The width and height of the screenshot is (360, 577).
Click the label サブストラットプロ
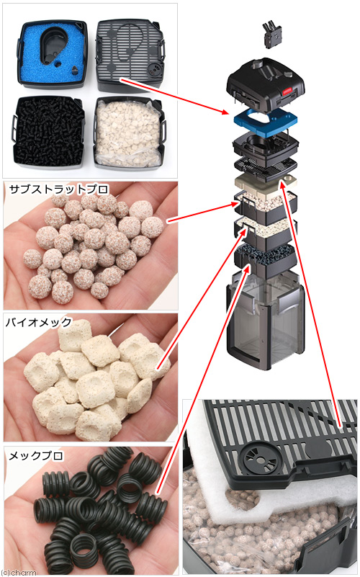pyautogui.click(x=59, y=189)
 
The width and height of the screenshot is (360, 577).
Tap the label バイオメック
pyautogui.click(x=39, y=322)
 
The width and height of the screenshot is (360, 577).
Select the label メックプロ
pyautogui.click(x=36, y=455)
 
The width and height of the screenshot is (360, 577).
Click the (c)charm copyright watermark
pyautogui.click(x=19, y=573)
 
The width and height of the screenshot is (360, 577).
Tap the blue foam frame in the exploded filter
pyautogui.click(x=264, y=121)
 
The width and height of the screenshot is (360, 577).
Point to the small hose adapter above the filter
pyautogui.click(x=273, y=35)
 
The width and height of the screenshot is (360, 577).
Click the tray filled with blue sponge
pyautogui.click(x=53, y=55)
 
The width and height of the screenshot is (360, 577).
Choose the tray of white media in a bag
pyautogui.click(x=129, y=133)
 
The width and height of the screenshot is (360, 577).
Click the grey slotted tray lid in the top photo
pyautogui.click(x=130, y=55)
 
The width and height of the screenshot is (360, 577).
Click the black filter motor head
pyautogui.click(x=266, y=86)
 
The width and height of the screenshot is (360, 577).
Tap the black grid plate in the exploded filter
pyautogui.click(x=266, y=168)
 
